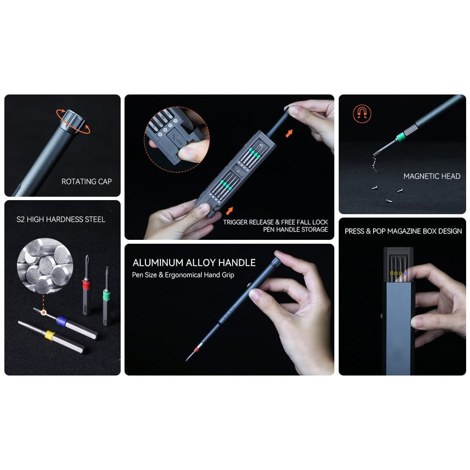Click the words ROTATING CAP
(x=86, y=182)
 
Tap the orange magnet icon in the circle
(x=362, y=113)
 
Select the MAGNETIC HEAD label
(x=432, y=176)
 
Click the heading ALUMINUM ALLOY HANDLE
(x=194, y=263)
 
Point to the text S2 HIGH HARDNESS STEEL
(x=61, y=219)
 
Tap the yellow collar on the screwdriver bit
(x=49, y=334)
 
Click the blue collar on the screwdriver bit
(x=62, y=320)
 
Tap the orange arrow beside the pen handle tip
(x=289, y=132)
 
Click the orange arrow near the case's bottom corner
(x=229, y=210)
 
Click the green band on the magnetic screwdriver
(x=400, y=137)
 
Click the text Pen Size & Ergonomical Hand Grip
(x=183, y=275)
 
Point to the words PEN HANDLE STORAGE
(x=295, y=229)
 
